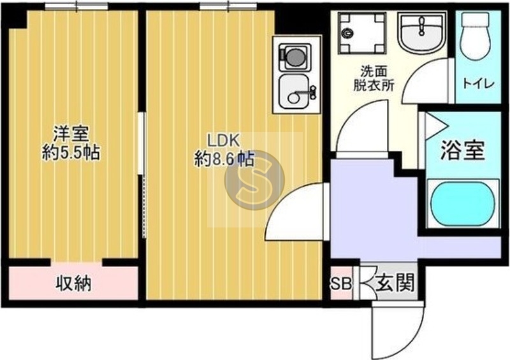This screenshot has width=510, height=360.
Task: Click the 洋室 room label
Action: tap(71, 134)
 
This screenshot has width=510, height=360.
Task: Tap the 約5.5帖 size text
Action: tap(71, 153)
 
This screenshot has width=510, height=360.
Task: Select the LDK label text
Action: tap(221, 140)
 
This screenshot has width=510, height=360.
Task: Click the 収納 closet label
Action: tap(72, 283)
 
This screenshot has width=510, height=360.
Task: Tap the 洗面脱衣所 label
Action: tap(373, 78)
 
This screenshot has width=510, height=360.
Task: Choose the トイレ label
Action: tap(477, 82)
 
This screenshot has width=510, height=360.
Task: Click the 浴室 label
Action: tap(463, 151)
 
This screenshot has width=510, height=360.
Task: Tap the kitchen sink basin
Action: tap(295, 92)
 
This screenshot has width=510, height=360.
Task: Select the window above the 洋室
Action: tap(76, 6)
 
